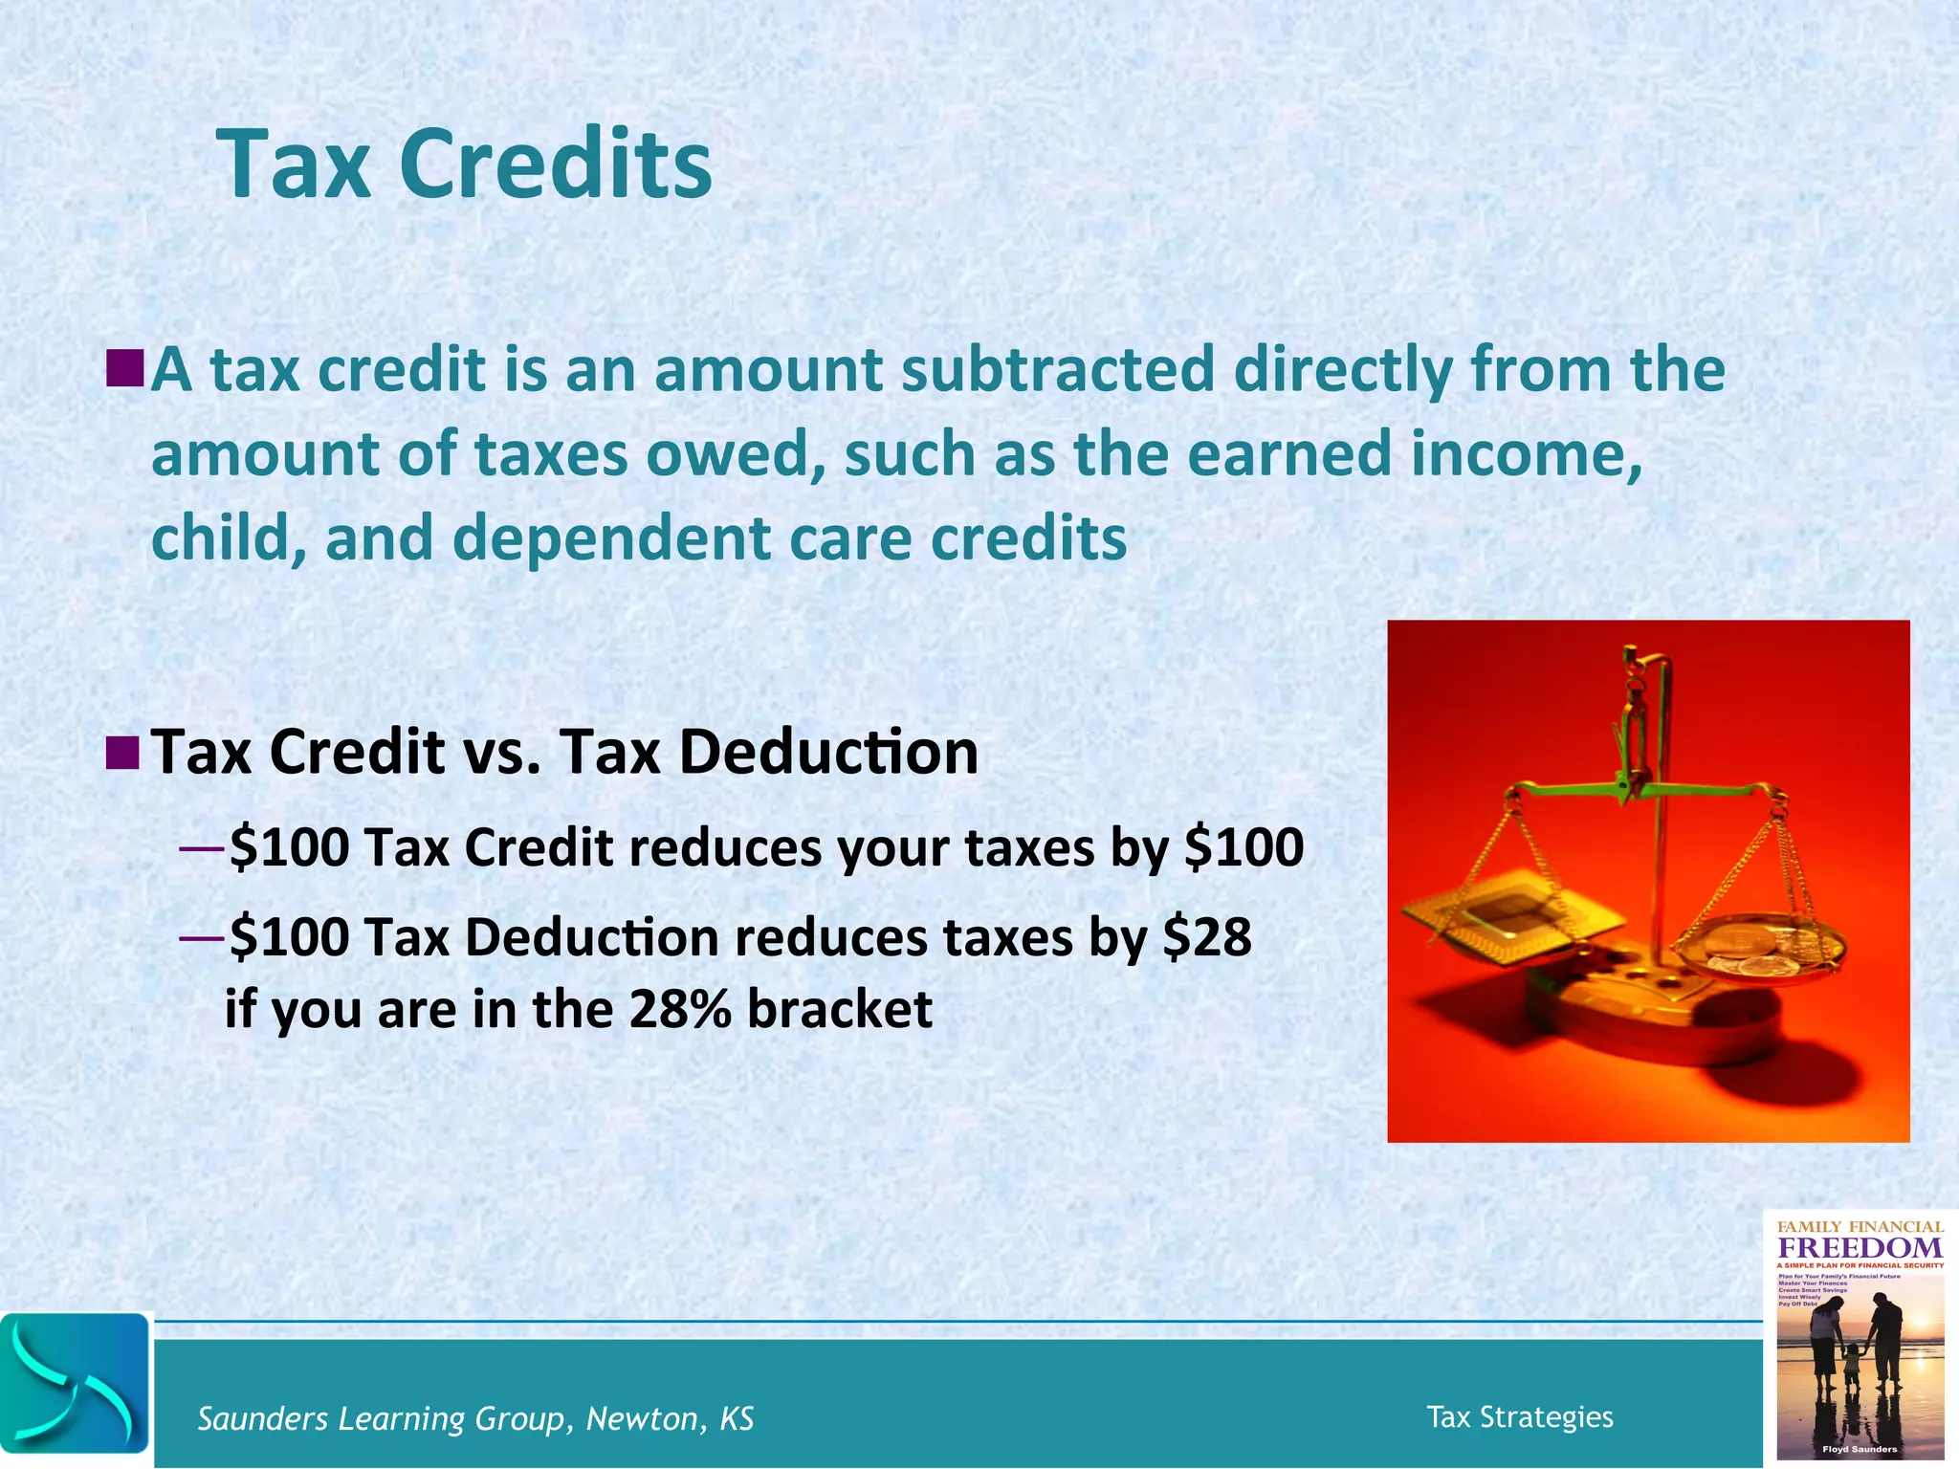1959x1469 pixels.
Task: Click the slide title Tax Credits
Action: pos(465,164)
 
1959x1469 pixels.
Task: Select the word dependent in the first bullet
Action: pos(611,538)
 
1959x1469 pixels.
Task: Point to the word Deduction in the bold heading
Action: pos(828,753)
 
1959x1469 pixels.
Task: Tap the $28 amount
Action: pos(1207,937)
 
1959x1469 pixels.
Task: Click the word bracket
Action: pos(840,1009)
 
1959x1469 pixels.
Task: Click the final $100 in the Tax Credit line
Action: pos(1244,847)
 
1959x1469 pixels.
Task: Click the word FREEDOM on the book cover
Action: pos(1860,1248)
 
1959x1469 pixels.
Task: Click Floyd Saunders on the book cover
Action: pos(1860,1449)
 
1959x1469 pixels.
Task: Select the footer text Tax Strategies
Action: pos(1519,1417)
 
